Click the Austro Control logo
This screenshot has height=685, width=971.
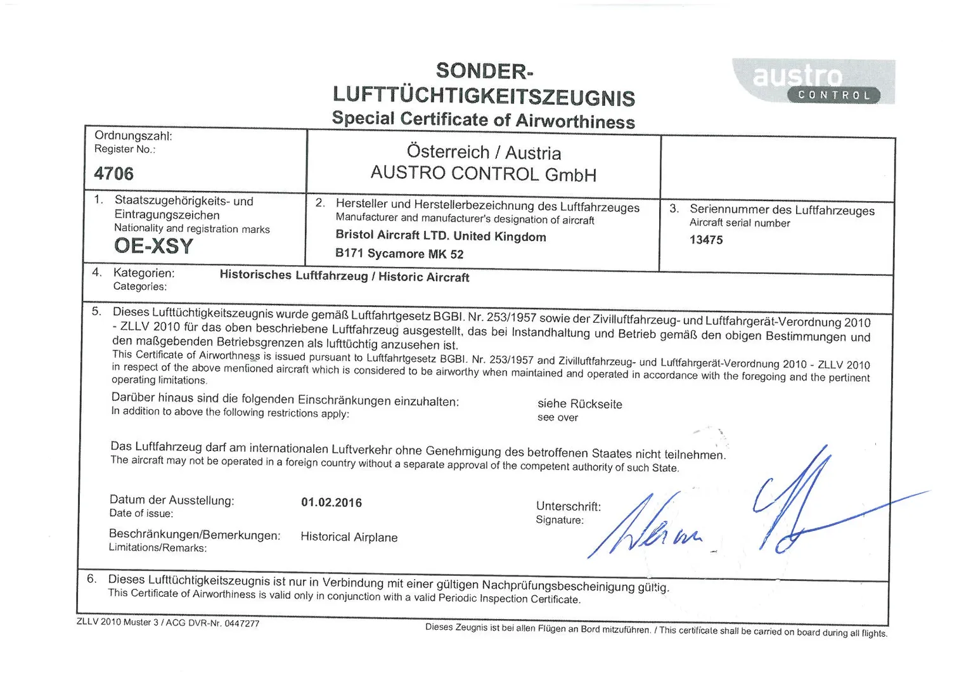814,82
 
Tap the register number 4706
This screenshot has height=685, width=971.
114,173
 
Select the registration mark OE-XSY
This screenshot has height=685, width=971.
153,246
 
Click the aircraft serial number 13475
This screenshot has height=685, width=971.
706,240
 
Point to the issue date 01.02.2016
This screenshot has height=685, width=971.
331,503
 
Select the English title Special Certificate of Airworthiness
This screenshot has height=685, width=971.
483,119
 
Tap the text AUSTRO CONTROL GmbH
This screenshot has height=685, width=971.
483,173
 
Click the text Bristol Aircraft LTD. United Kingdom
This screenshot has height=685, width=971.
440,236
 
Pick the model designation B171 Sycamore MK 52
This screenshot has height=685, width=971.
399,254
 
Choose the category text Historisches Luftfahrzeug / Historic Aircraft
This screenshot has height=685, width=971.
344,276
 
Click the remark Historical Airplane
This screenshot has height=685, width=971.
349,537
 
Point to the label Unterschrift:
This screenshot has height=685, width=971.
569,506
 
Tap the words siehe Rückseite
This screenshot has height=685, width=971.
580,404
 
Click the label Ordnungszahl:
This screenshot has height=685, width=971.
133,136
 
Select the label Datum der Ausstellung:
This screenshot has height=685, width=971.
172,500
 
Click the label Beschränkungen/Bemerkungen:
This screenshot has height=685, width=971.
195,535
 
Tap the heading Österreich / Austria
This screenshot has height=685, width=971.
484,152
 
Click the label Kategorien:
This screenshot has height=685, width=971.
144,273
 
